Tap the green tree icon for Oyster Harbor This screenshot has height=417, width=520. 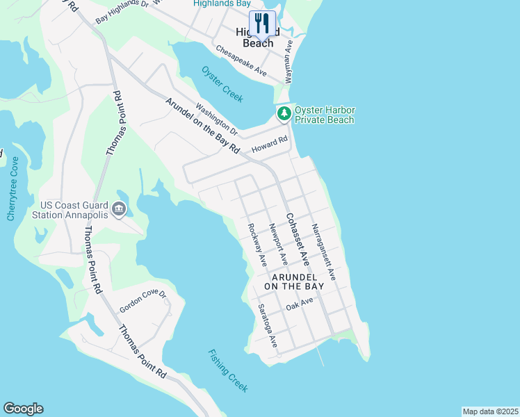click(284, 113)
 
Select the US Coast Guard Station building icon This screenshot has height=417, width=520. click(119, 208)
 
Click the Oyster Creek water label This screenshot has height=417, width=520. click(222, 84)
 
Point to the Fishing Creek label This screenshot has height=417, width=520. click(227, 370)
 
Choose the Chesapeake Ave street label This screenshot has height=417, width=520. click(241, 62)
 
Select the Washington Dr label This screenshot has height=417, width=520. click(217, 120)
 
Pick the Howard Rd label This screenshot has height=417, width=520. click(270, 145)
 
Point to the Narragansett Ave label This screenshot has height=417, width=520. click(324, 252)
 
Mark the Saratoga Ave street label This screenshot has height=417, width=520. click(268, 326)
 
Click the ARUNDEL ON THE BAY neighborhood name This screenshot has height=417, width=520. click(294, 281)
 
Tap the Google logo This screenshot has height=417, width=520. click(23, 409)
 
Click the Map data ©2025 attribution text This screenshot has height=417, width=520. click(490, 411)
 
